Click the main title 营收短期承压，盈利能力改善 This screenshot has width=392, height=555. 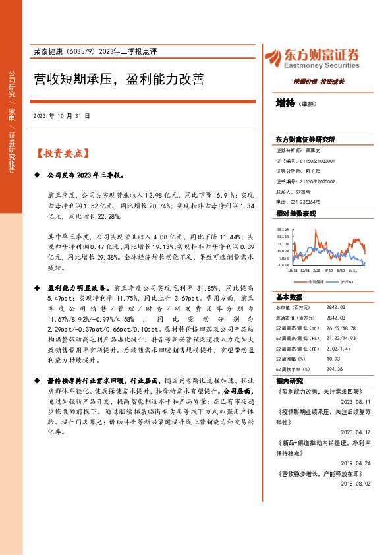(x=119, y=80)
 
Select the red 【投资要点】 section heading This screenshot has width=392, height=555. (x=62, y=153)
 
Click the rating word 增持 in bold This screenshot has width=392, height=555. (x=285, y=103)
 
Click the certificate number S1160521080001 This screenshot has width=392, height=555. (x=317, y=161)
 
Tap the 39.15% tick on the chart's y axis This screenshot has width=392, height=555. (x=283, y=229)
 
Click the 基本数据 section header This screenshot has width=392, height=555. (x=289, y=297)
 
